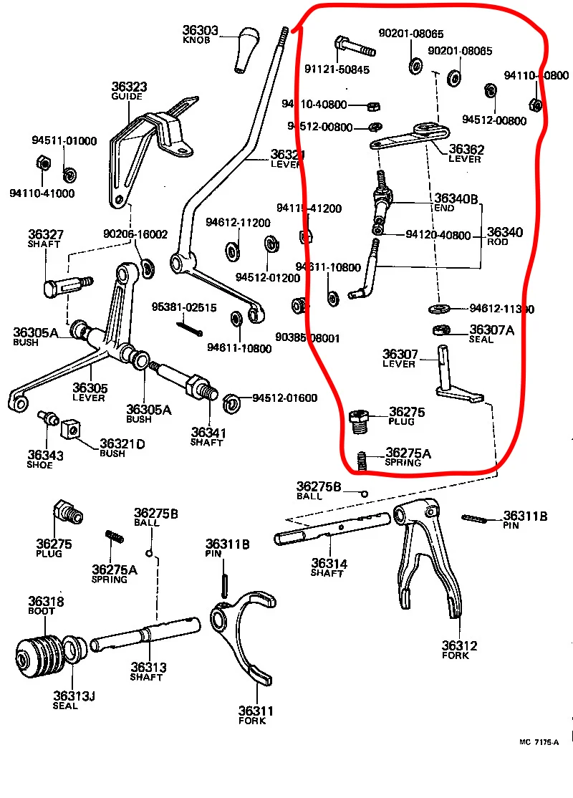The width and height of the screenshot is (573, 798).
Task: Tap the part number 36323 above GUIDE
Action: tap(129, 87)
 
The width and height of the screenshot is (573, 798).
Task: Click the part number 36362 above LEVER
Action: tap(466, 150)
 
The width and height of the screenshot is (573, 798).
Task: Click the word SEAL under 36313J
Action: tap(65, 706)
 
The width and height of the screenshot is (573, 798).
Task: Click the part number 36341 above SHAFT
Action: tap(208, 432)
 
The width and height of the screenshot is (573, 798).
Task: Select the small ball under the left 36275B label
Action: tap(149, 552)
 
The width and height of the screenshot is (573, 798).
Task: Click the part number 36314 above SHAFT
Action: tap(328, 564)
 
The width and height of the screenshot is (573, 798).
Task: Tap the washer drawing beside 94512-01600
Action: tap(232, 403)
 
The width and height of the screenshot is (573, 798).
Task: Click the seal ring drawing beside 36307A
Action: tap(440, 330)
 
